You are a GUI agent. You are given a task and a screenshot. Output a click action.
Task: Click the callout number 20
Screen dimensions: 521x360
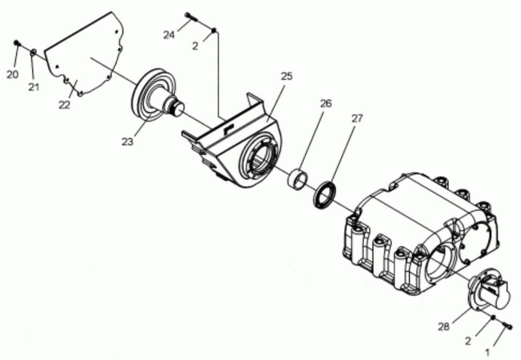point(12,75)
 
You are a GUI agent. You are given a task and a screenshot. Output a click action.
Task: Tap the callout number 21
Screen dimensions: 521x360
point(34,87)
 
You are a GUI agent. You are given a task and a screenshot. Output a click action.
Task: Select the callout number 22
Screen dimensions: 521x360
point(64,105)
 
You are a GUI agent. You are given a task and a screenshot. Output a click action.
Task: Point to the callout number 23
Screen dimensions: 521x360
point(127,142)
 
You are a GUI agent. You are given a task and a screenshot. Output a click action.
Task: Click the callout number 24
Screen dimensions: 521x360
point(169,34)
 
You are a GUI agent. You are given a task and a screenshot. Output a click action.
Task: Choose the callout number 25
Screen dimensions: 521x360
point(287,76)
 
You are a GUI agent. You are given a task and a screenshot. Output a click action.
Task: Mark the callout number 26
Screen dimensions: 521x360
point(326,104)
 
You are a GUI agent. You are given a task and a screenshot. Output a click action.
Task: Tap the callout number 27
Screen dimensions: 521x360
point(357,118)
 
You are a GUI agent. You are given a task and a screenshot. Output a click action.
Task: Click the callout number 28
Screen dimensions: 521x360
point(444,327)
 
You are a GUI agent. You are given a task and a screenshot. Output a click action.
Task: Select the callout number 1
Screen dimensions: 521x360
point(488,352)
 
